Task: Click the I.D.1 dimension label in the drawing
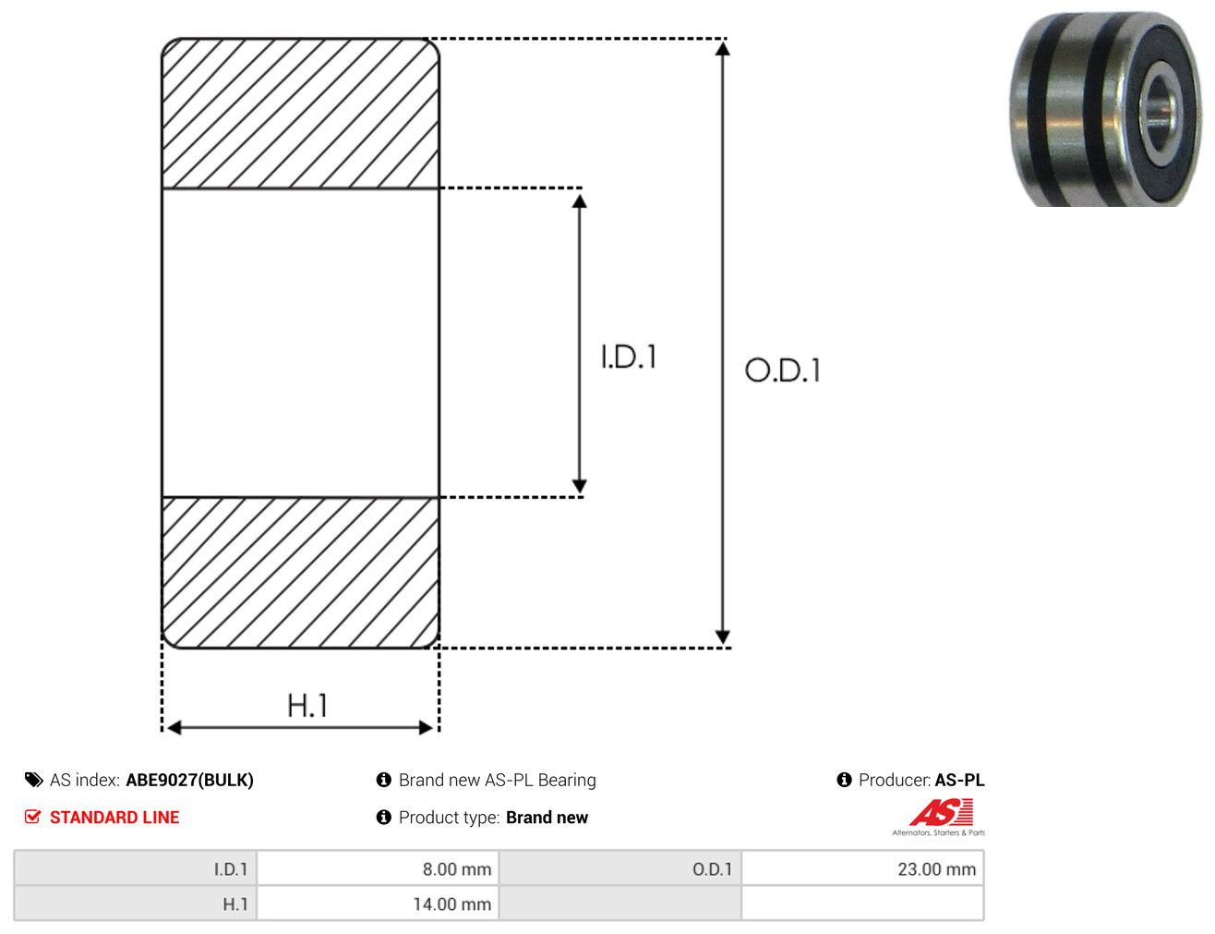click(629, 357)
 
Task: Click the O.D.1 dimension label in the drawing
click(782, 370)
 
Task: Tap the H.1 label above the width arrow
click(307, 705)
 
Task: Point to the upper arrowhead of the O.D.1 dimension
click(722, 49)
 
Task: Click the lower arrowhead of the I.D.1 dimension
click(579, 486)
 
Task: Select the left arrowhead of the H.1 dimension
click(174, 728)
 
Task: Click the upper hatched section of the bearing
click(300, 114)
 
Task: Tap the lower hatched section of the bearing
click(300, 573)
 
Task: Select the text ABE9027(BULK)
click(189, 780)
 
